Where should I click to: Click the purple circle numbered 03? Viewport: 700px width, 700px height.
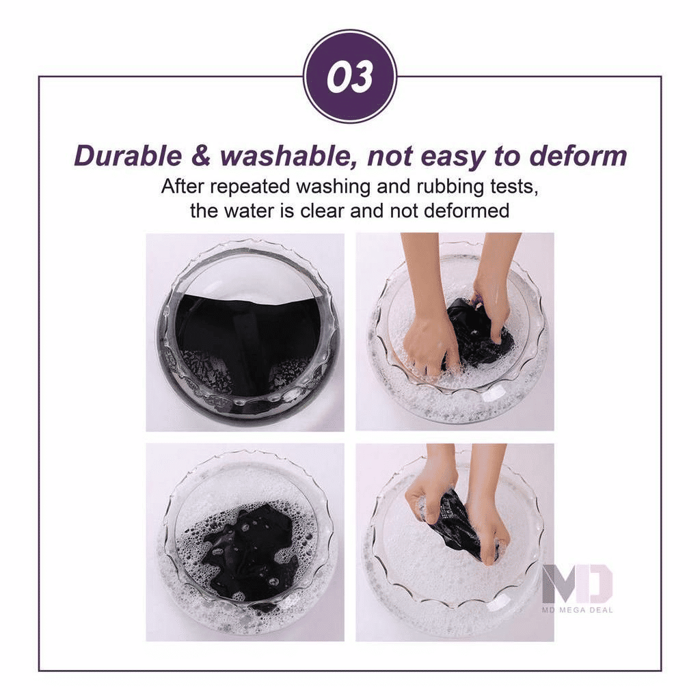[x=349, y=77]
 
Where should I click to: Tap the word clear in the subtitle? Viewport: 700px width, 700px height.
[x=319, y=210]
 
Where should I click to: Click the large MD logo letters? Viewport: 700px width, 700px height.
[x=578, y=584]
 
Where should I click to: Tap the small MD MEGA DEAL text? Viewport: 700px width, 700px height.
[x=578, y=610]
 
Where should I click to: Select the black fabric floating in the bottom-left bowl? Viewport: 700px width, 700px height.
[x=250, y=554]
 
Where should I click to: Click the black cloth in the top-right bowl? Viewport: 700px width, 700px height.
[x=479, y=338]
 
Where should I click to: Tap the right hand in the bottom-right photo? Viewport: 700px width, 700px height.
[x=489, y=526]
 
